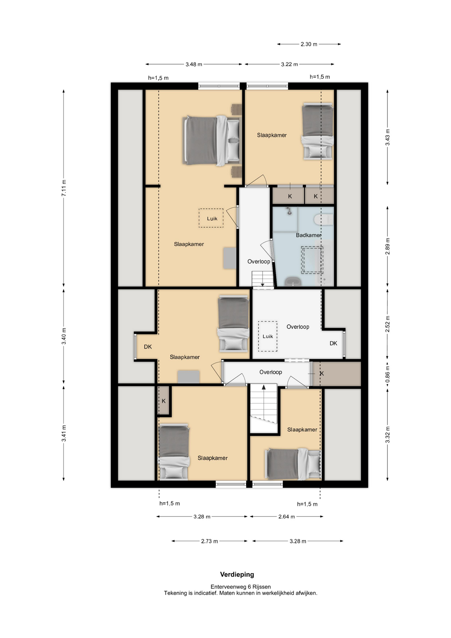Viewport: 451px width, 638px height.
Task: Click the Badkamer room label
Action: coord(309,235)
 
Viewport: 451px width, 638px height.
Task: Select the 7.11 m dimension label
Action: coord(64,188)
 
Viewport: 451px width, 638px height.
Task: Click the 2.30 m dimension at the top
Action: coord(309,44)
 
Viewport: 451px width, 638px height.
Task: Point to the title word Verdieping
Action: coord(237,575)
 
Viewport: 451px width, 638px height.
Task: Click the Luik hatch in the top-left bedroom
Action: coord(211,218)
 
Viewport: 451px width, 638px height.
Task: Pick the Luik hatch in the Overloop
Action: coord(268,336)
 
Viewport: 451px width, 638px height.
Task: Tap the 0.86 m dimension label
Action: coord(388,374)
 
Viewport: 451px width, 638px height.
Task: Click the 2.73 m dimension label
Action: coord(210,541)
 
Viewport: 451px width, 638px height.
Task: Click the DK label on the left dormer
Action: coord(148,347)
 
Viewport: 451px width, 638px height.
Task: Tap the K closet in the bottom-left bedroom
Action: coord(164,401)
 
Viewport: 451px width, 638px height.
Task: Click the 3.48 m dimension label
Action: coord(194,64)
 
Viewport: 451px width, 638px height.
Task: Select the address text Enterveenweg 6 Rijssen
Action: coord(241,587)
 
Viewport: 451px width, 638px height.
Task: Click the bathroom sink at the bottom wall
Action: coord(293,281)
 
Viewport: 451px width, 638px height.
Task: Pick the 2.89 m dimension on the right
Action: coord(388,247)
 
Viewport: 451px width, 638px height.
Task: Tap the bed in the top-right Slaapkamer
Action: coord(317,132)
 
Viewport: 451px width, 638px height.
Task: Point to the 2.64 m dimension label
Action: coord(287,517)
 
